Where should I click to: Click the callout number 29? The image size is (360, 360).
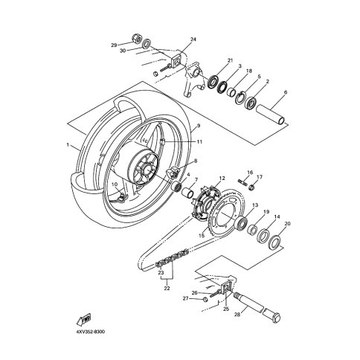point(114,45)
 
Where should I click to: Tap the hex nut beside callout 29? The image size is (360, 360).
point(136,38)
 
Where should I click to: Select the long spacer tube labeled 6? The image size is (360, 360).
point(271,114)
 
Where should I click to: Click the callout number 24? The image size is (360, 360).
point(193,39)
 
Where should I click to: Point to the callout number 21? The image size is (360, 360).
point(231,60)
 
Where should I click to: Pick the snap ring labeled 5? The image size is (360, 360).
point(240,97)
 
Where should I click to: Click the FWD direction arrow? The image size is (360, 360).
point(84,320)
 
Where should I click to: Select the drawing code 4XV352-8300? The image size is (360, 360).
point(90,332)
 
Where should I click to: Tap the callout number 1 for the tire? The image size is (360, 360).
point(68,145)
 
